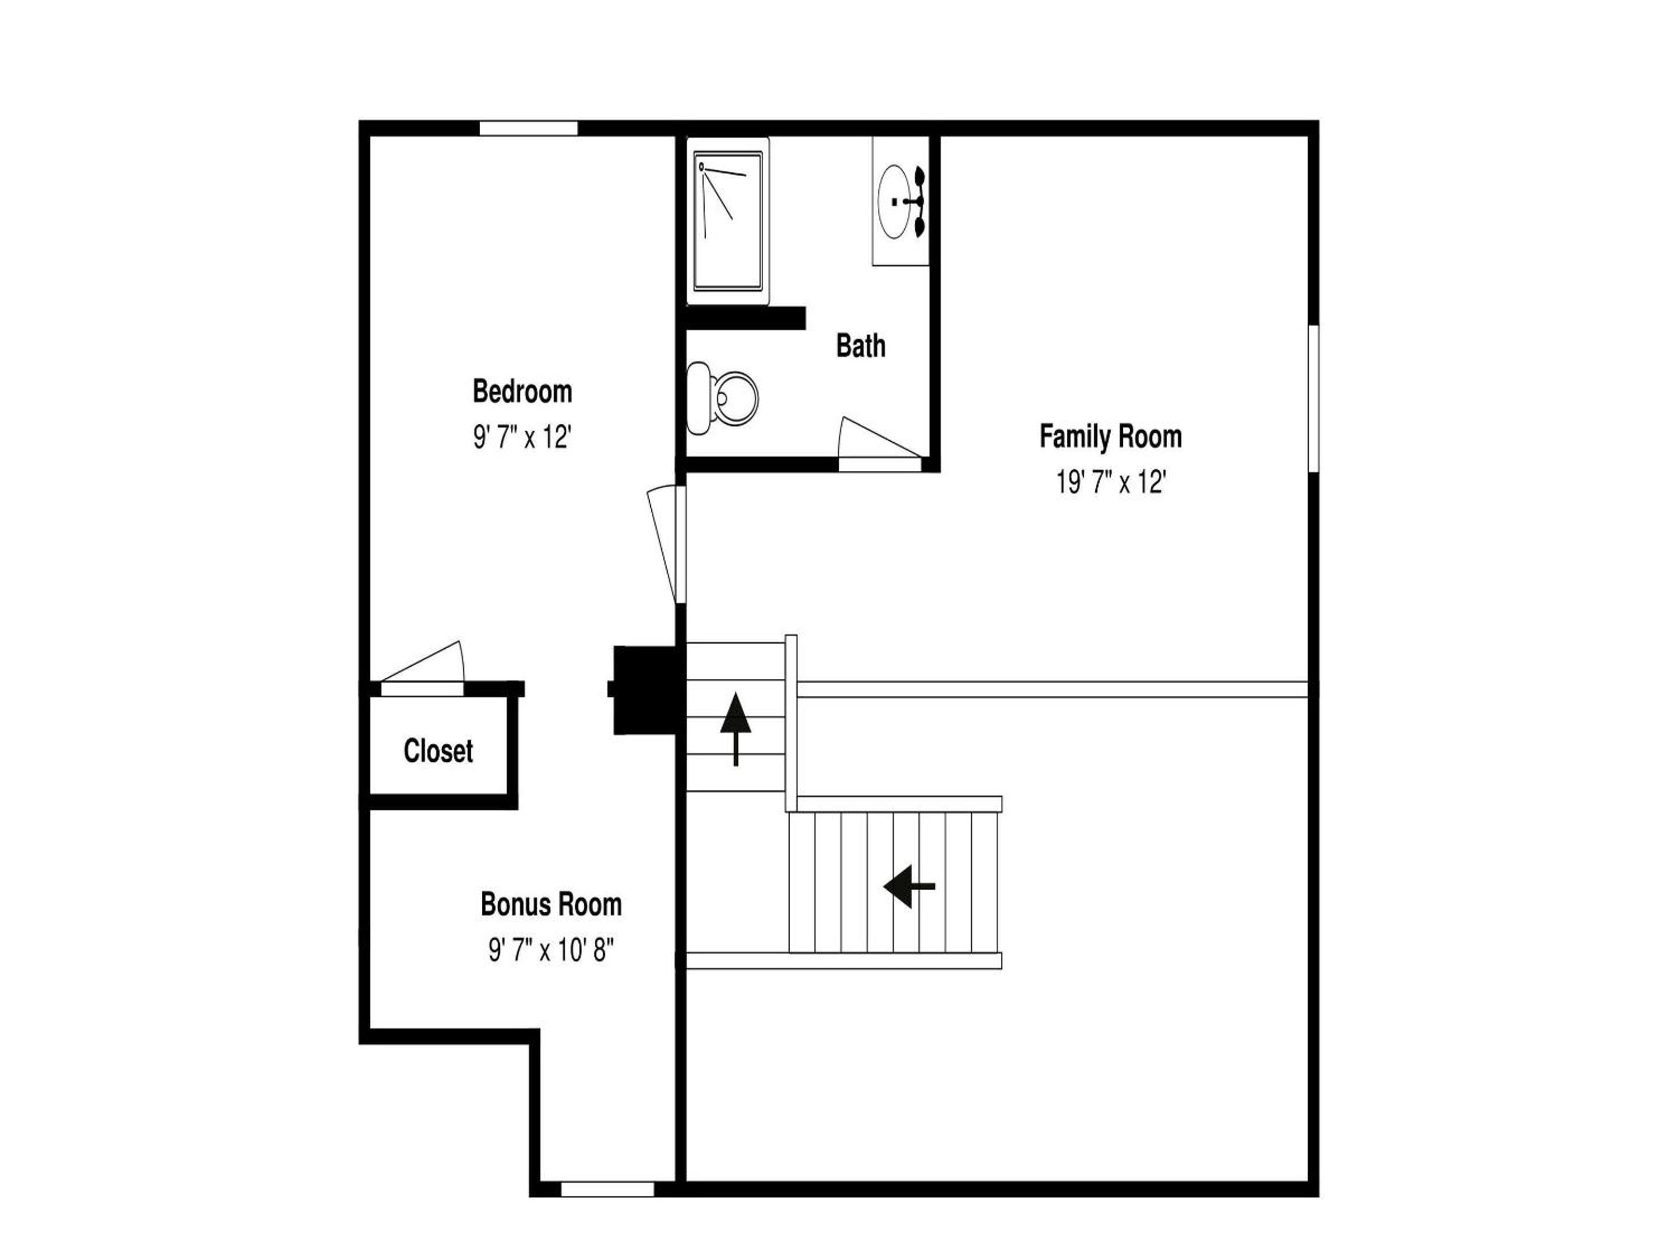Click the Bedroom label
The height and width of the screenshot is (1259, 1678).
pos(522,392)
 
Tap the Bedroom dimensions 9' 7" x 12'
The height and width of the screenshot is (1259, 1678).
pos(522,437)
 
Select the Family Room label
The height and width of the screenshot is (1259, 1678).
pos(1111,437)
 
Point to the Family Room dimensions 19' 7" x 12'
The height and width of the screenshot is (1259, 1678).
pos(1111,482)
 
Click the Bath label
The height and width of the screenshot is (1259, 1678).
pos(860,346)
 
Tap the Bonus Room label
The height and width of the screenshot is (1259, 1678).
pos(551,905)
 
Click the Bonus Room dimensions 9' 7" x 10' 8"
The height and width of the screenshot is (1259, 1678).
pos(551,950)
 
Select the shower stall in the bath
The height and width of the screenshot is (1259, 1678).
pos(728,221)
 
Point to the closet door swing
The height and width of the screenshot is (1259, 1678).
pos(422,663)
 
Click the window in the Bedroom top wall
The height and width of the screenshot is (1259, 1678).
pos(528,128)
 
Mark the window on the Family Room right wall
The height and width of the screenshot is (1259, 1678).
pos(1314,399)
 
